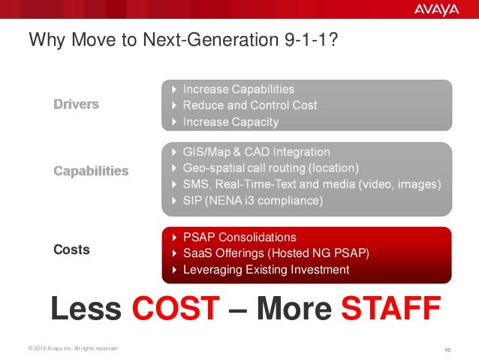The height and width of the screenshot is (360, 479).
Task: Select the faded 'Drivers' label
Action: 76,104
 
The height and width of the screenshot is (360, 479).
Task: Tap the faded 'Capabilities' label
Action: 91,171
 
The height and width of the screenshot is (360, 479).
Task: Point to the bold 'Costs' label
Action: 71,250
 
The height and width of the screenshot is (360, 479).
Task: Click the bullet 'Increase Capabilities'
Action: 238,89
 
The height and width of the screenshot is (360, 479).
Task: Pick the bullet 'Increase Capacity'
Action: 230,122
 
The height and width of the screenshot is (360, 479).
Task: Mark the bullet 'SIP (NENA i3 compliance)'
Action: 253,201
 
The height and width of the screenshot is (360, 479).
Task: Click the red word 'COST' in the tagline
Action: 176,310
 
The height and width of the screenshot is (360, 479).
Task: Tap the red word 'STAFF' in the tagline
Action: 390,310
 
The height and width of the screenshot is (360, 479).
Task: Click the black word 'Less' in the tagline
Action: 86,310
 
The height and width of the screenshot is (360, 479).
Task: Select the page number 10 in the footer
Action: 448,349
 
